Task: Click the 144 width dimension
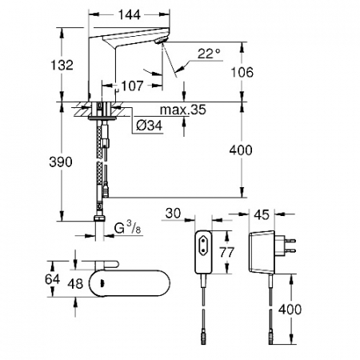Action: point(129,15)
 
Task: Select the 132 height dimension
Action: point(62,65)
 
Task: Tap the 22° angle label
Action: point(209,54)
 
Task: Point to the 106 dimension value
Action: point(242,72)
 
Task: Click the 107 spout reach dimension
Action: point(132,86)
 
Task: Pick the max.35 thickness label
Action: point(182,110)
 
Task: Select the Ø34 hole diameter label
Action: point(149,125)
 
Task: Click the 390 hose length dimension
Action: point(61,162)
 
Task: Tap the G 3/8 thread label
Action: point(127,228)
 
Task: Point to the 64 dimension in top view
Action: point(52,279)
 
